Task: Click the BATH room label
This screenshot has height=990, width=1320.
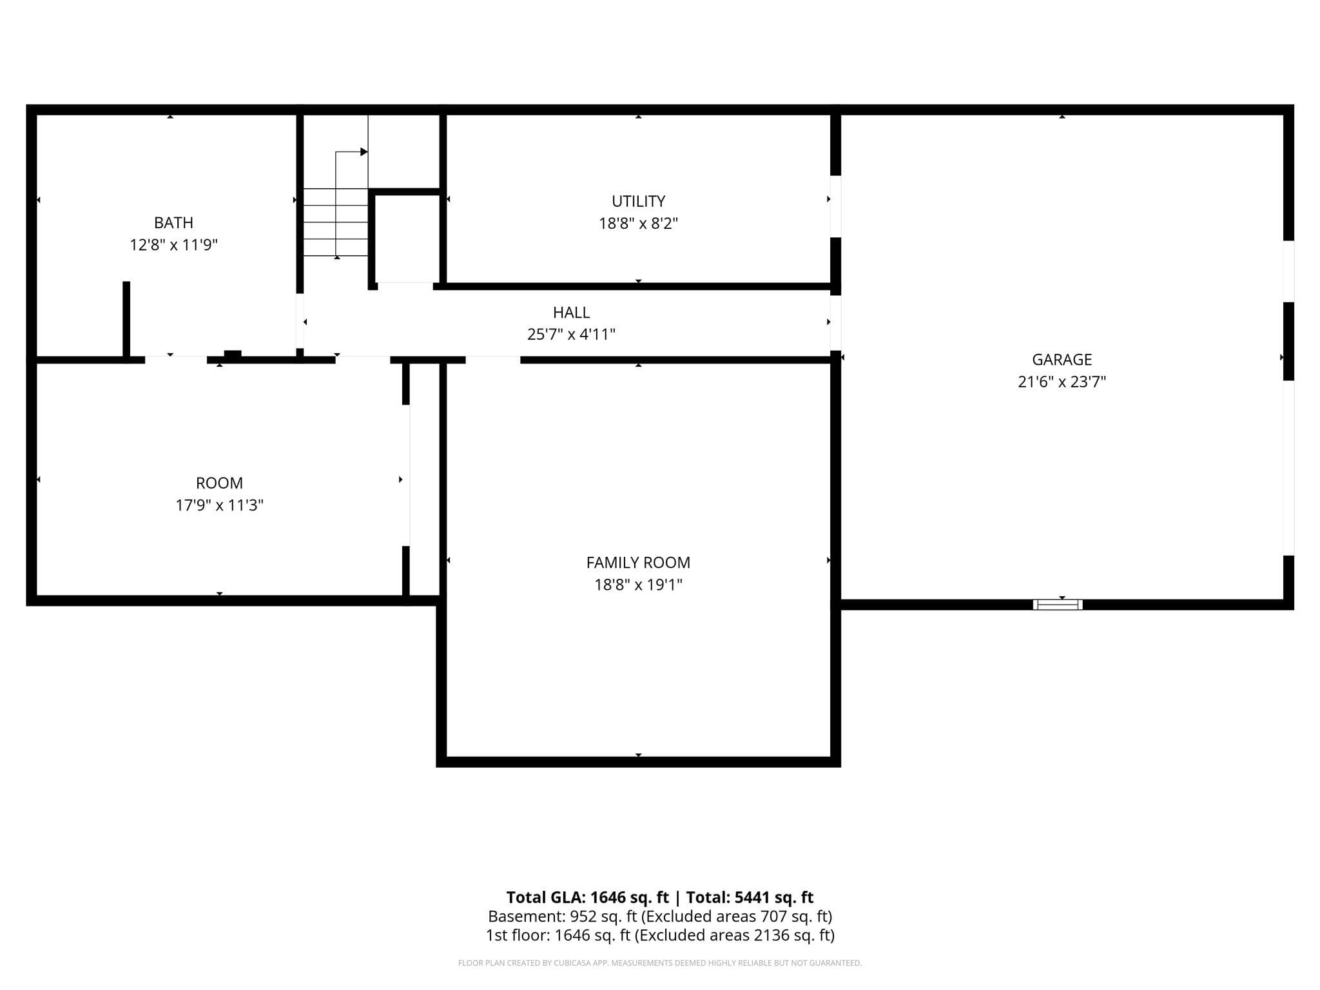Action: tap(173, 223)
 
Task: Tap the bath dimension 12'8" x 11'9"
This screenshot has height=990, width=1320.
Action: tap(174, 245)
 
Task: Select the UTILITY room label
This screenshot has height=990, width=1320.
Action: tap(638, 201)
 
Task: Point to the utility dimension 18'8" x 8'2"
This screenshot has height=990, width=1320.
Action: tap(638, 224)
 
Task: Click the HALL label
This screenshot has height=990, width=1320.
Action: tap(571, 313)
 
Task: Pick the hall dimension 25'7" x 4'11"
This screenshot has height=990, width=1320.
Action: tap(571, 335)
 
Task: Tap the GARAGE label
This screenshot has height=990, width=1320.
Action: tap(1062, 360)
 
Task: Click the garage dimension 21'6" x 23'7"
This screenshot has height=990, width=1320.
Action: tap(1062, 382)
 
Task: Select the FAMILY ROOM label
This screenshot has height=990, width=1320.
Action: tap(638, 563)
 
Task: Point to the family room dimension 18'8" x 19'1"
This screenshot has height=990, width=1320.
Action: tap(638, 585)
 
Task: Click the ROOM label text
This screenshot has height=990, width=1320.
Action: tap(219, 483)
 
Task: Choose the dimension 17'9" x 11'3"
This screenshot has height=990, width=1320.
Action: tap(219, 505)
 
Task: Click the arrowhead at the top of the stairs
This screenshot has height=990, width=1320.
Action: tap(364, 152)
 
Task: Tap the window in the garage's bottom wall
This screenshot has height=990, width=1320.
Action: tap(1058, 605)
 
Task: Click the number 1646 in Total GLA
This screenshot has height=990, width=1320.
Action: tap(608, 897)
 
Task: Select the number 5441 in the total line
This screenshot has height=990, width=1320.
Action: tap(752, 897)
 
